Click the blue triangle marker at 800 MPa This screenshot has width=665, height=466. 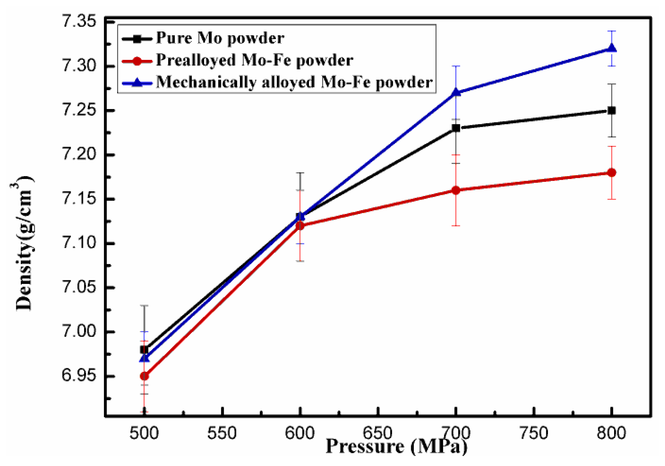click(x=612, y=48)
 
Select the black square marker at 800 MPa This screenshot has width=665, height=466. click(x=612, y=110)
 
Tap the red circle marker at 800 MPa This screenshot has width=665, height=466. click(x=612, y=172)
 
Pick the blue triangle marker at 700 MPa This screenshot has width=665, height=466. click(x=456, y=92)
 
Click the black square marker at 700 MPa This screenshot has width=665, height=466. click(x=456, y=128)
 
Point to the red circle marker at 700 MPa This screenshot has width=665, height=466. click(x=456, y=190)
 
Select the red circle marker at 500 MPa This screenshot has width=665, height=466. click(x=144, y=376)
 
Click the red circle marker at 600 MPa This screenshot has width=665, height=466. click(x=300, y=226)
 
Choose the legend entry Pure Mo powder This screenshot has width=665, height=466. click(x=220, y=38)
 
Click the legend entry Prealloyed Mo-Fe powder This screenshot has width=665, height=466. click(x=255, y=60)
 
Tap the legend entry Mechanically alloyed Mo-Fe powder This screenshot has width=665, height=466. click(x=294, y=82)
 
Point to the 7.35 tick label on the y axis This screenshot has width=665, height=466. click(x=79, y=21)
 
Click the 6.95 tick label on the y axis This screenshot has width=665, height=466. click(x=79, y=376)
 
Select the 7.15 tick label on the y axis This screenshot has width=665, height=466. click(x=79, y=199)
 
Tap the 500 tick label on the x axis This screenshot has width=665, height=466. click(x=144, y=433)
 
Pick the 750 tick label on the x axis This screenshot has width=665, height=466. click(x=534, y=433)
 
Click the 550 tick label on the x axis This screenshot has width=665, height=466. click(x=222, y=433)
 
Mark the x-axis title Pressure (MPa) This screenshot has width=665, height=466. click(x=396, y=447)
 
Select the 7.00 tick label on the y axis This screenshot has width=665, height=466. click(x=79, y=332)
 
